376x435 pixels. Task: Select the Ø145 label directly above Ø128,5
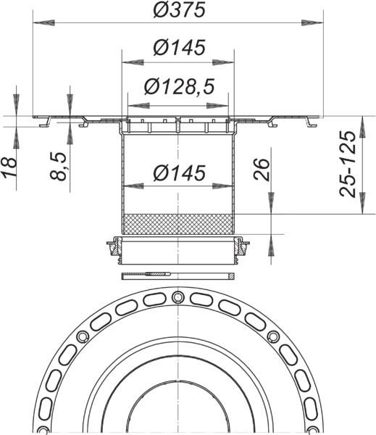click(177, 49)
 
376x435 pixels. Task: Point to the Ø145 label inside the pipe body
click(177, 174)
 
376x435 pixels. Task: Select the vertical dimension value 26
click(262, 169)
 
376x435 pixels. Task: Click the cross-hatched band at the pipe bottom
click(177, 223)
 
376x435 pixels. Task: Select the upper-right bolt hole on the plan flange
click(274, 336)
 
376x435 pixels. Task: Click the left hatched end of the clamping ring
click(114, 248)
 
